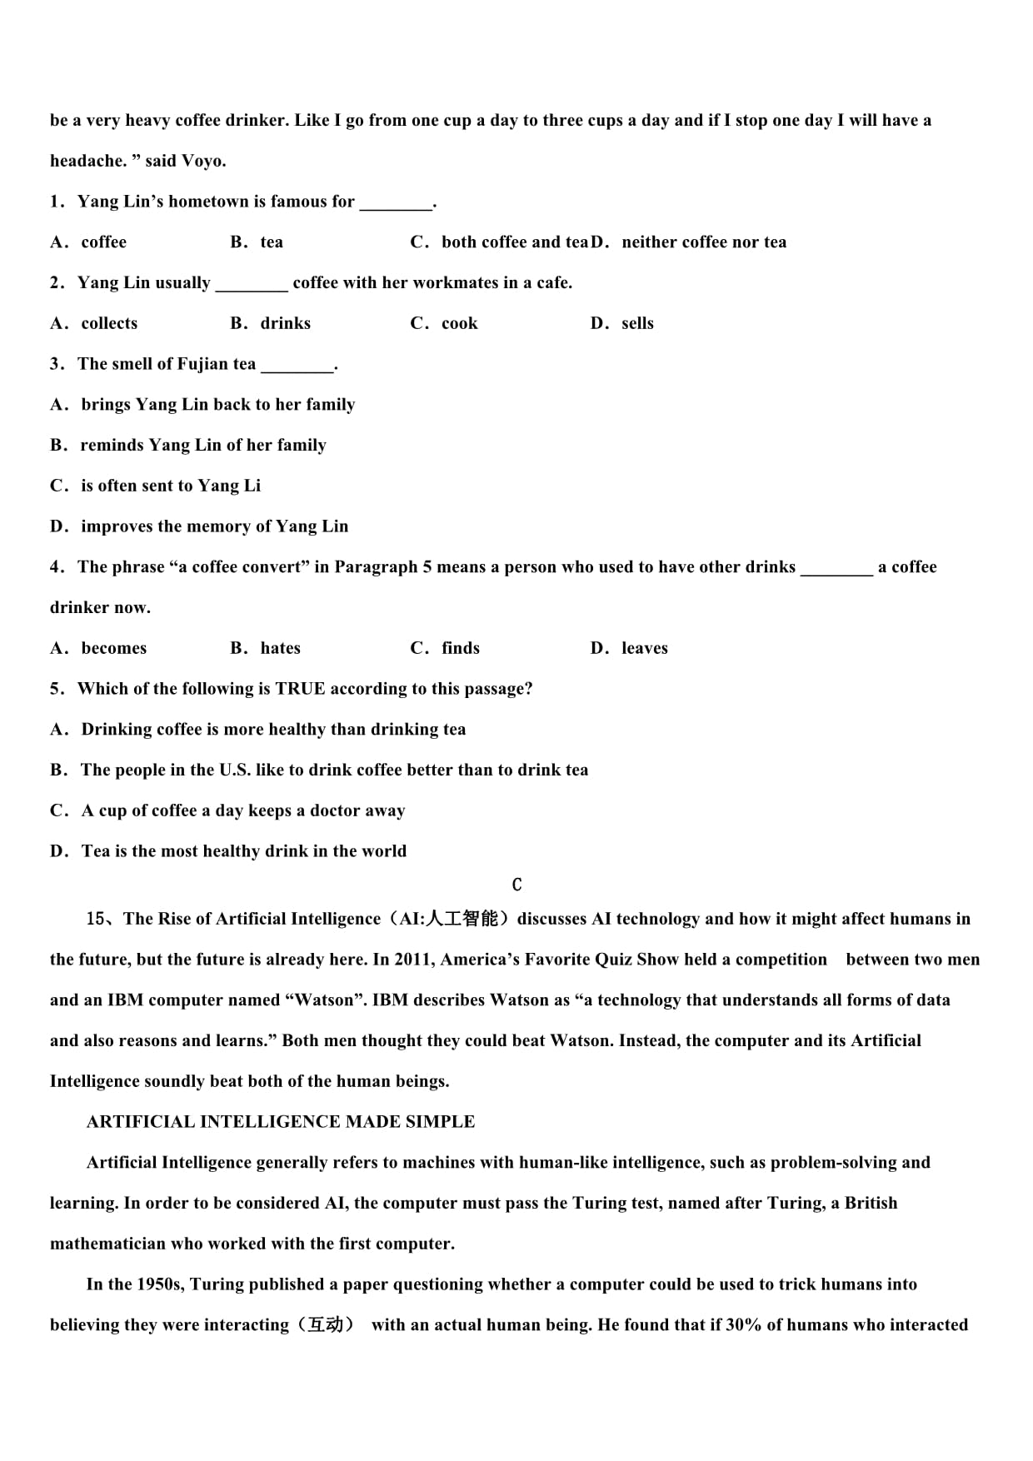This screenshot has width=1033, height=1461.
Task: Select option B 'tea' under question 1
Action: [271, 242]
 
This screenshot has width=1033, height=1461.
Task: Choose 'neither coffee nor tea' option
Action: [703, 242]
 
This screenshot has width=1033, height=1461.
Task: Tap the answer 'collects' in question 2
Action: [108, 323]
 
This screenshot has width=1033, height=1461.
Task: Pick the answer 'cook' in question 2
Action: [459, 323]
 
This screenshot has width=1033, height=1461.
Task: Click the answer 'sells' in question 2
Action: [637, 323]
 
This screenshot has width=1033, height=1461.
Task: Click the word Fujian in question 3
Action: [203, 364]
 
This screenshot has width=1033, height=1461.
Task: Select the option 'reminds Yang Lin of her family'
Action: [202, 445]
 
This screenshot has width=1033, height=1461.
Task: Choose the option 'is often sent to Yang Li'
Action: [170, 486]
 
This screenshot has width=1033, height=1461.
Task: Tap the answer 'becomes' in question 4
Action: [113, 648]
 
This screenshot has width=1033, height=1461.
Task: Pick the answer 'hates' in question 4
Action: [280, 648]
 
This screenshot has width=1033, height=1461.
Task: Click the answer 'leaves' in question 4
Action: [644, 648]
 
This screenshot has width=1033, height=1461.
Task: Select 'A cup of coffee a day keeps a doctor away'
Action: [242, 810]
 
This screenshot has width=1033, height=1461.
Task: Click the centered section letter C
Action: [516, 885]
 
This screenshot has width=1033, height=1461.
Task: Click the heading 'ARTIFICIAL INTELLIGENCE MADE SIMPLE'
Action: [281, 1122]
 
